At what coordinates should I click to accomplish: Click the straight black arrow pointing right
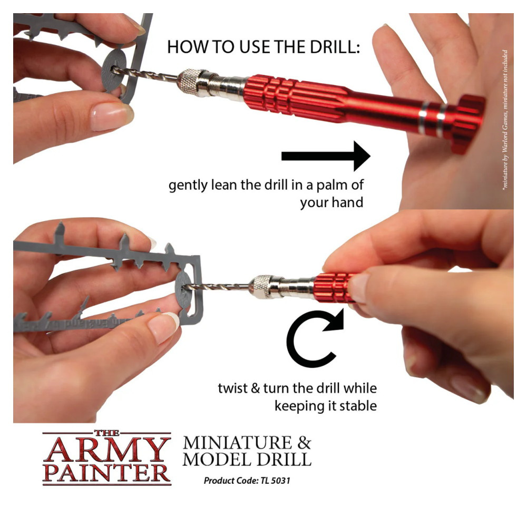pos(327,156)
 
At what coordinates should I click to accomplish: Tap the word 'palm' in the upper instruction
pos(334,186)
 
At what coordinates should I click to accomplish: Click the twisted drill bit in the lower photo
pos(221,287)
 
